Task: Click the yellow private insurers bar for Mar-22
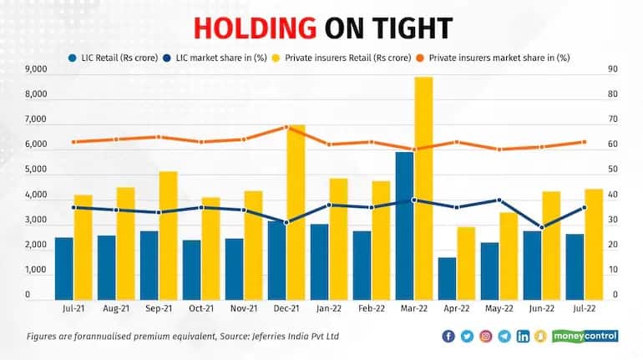tap(423, 188)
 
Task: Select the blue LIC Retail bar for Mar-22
tap(404, 226)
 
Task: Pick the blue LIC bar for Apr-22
tap(448, 278)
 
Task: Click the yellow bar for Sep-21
tap(169, 235)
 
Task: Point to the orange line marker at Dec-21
tap(286, 127)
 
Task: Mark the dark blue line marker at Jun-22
tap(543, 228)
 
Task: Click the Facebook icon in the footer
tap(448, 337)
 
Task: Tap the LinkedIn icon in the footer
tap(524, 337)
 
